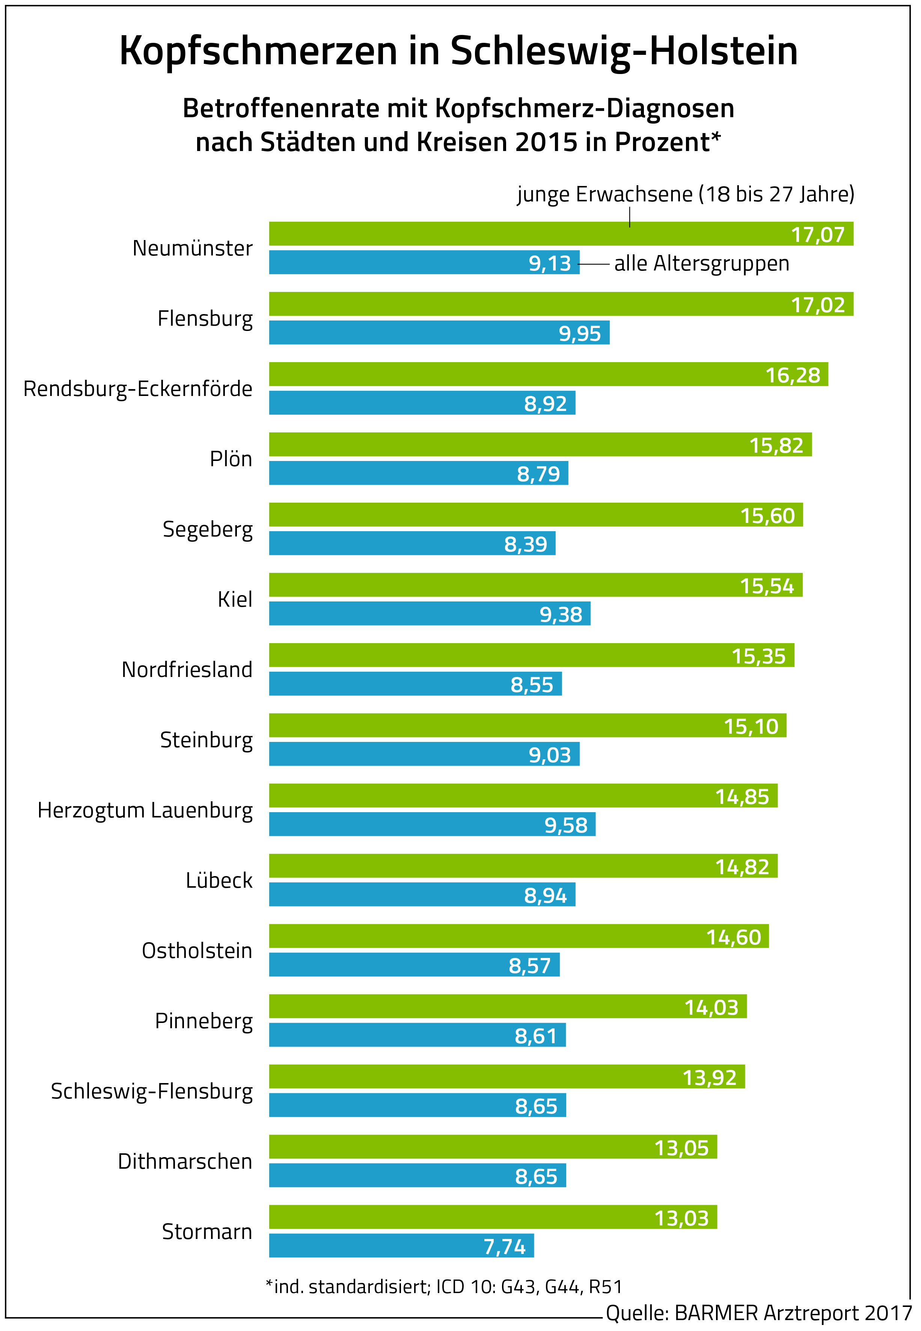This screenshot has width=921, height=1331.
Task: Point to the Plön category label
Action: pyautogui.click(x=231, y=459)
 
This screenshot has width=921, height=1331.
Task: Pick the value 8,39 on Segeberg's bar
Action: pyautogui.click(x=525, y=544)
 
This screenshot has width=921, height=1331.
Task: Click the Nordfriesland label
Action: pyautogui.click(x=187, y=670)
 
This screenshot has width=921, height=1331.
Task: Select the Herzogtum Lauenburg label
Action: pyautogui.click(x=145, y=810)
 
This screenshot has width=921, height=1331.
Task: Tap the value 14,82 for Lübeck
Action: pyautogui.click(x=742, y=867)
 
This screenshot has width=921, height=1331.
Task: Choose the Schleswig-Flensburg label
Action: pyautogui.click(x=152, y=1091)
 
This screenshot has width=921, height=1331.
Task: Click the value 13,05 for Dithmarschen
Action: pyautogui.click(x=681, y=1148)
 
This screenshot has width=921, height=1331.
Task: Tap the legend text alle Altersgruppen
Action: pyautogui.click(x=701, y=263)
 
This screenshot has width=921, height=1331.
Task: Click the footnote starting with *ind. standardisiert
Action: pyautogui.click(x=443, y=1287)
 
